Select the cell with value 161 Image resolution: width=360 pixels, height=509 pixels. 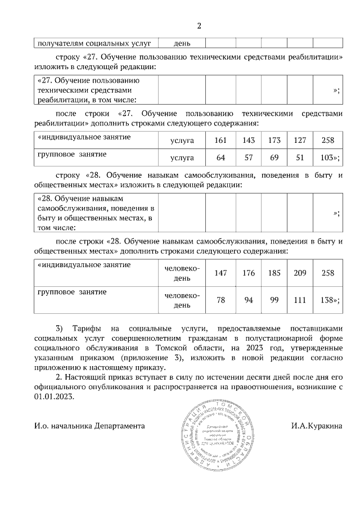(x=221, y=139)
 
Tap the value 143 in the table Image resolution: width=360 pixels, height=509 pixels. (x=248, y=139)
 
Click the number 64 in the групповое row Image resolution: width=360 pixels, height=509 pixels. (x=221, y=157)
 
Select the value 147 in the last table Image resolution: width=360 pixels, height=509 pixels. (x=221, y=273)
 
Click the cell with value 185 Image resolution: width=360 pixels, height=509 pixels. (x=274, y=273)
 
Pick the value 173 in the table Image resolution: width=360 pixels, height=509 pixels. (x=274, y=139)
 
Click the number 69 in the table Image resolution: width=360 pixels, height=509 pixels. (x=274, y=157)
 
